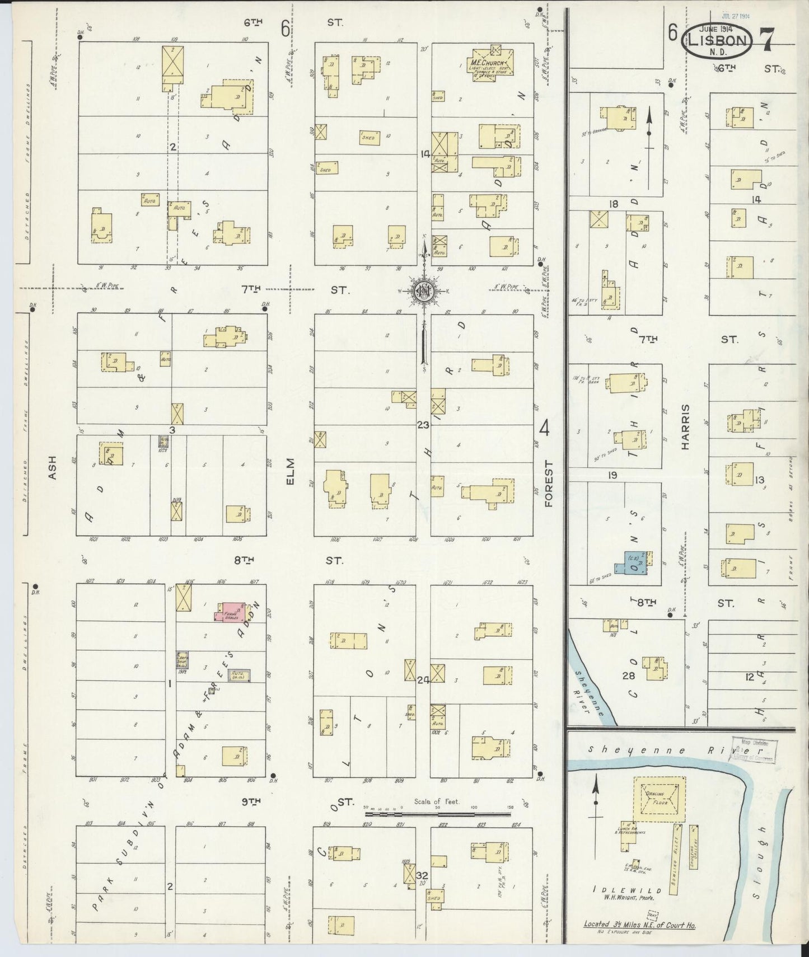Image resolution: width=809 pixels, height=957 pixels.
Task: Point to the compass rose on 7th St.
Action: pyautogui.click(x=424, y=290)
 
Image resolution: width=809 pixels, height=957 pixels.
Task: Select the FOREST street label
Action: pyautogui.click(x=548, y=484)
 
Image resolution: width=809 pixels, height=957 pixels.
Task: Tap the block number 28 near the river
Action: pyautogui.click(x=629, y=675)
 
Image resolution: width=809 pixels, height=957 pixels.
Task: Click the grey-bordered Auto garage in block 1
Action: pyautogui.click(x=239, y=675)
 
